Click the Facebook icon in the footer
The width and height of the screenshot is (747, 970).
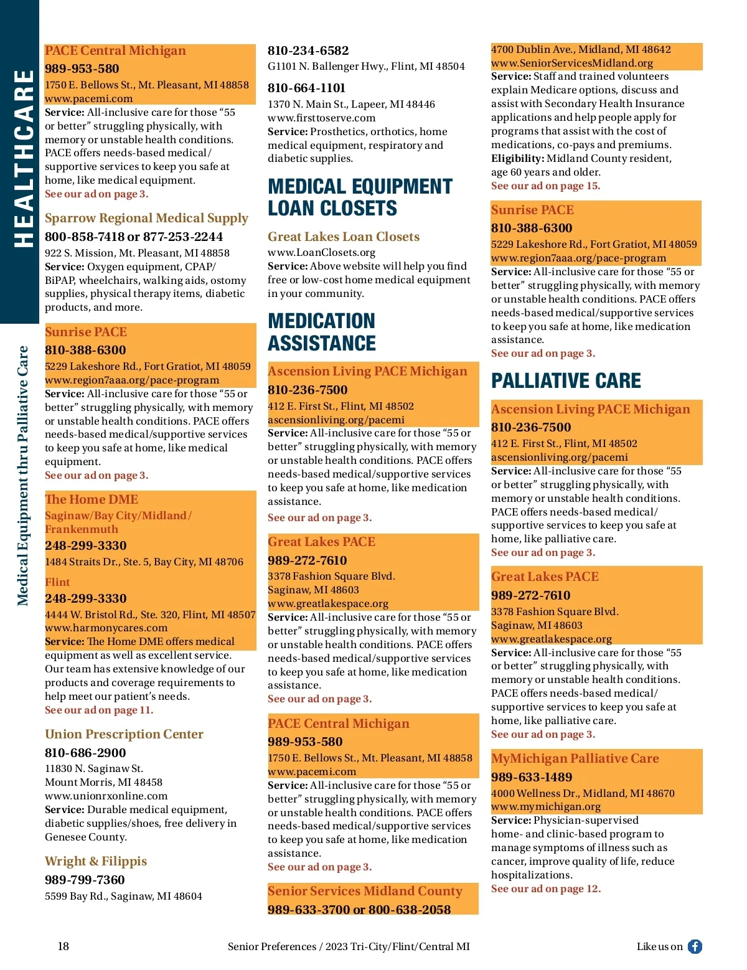click(695, 946)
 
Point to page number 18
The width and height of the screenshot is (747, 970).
click(63, 946)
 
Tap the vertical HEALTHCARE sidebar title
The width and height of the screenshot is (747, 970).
click(24, 159)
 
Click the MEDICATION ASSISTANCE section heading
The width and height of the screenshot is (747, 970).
click(322, 332)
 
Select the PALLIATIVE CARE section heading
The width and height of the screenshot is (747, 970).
click(566, 380)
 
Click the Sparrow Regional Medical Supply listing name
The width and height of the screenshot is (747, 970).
click(146, 218)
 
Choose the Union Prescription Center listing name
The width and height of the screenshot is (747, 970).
click(124, 734)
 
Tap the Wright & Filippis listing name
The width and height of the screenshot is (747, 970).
click(96, 861)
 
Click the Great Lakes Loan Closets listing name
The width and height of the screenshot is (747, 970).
click(344, 237)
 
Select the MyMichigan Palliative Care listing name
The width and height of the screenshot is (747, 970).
click(575, 758)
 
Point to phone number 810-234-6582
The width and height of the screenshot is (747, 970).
click(308, 50)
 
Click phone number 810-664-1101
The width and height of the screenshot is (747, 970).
click(306, 88)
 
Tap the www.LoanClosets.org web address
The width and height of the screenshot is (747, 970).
click(321, 252)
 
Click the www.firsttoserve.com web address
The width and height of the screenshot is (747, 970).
click(321, 118)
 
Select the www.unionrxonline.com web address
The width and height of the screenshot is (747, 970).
click(106, 796)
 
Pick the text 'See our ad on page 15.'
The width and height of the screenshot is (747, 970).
click(545, 186)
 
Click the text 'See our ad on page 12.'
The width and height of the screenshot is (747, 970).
click(545, 888)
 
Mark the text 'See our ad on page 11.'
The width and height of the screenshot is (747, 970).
click(98, 710)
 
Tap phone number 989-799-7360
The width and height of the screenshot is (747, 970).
click(85, 880)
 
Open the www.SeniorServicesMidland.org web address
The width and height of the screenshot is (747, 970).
click(572, 63)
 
